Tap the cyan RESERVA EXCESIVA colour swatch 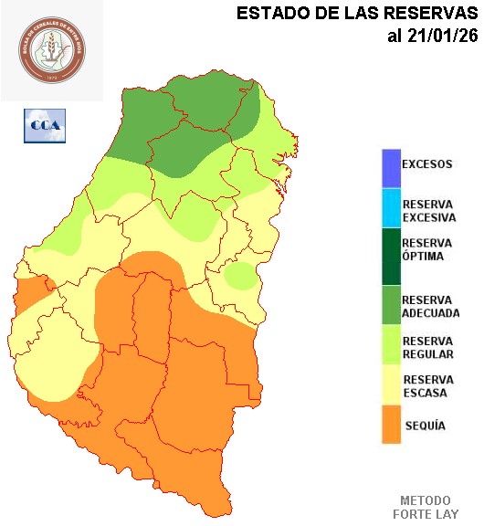[x=392, y=209]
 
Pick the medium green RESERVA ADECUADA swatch [x=392, y=305]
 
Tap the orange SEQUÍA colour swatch [x=392, y=425]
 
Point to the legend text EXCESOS [x=427, y=164]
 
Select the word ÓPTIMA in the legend [x=423, y=257]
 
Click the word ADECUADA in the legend [x=431, y=313]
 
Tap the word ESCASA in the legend [x=425, y=393]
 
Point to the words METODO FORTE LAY [x=426, y=508]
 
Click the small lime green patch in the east [x=241, y=275]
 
